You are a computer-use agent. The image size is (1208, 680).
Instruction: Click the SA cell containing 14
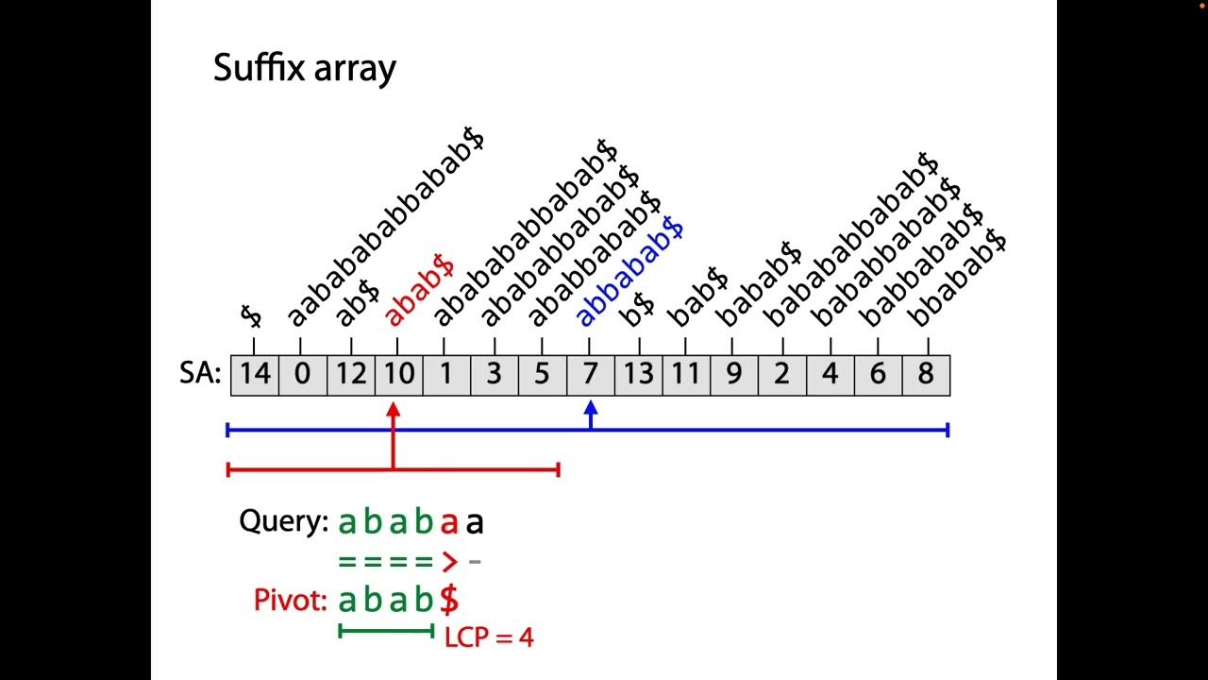(255, 375)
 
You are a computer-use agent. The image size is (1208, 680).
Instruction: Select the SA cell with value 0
(302, 375)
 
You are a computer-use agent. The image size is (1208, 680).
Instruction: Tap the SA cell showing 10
(398, 375)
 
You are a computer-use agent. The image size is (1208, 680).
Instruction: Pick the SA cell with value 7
(590, 375)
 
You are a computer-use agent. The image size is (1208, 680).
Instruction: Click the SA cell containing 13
(638, 375)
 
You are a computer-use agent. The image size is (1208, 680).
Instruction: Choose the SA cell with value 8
(925, 375)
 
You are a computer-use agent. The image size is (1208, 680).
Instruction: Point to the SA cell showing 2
(781, 375)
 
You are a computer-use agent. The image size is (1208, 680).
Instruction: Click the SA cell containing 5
(542, 375)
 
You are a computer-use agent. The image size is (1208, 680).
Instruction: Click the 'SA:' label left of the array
(199, 375)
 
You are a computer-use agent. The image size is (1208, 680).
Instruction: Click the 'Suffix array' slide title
(304, 68)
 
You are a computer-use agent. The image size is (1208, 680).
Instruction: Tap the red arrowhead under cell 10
(394, 410)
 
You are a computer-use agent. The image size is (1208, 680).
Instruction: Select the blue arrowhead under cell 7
(591, 409)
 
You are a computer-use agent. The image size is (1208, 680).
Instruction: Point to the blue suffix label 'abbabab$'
(629, 272)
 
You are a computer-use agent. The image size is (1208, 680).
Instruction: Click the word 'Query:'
(283, 520)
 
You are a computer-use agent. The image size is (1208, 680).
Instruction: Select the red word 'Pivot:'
(291, 600)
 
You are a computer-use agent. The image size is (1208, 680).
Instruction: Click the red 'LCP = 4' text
(488, 637)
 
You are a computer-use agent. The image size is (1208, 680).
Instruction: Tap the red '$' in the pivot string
(449, 600)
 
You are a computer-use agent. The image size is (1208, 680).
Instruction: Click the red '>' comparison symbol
(449, 562)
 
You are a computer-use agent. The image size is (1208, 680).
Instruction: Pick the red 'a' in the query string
(449, 522)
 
